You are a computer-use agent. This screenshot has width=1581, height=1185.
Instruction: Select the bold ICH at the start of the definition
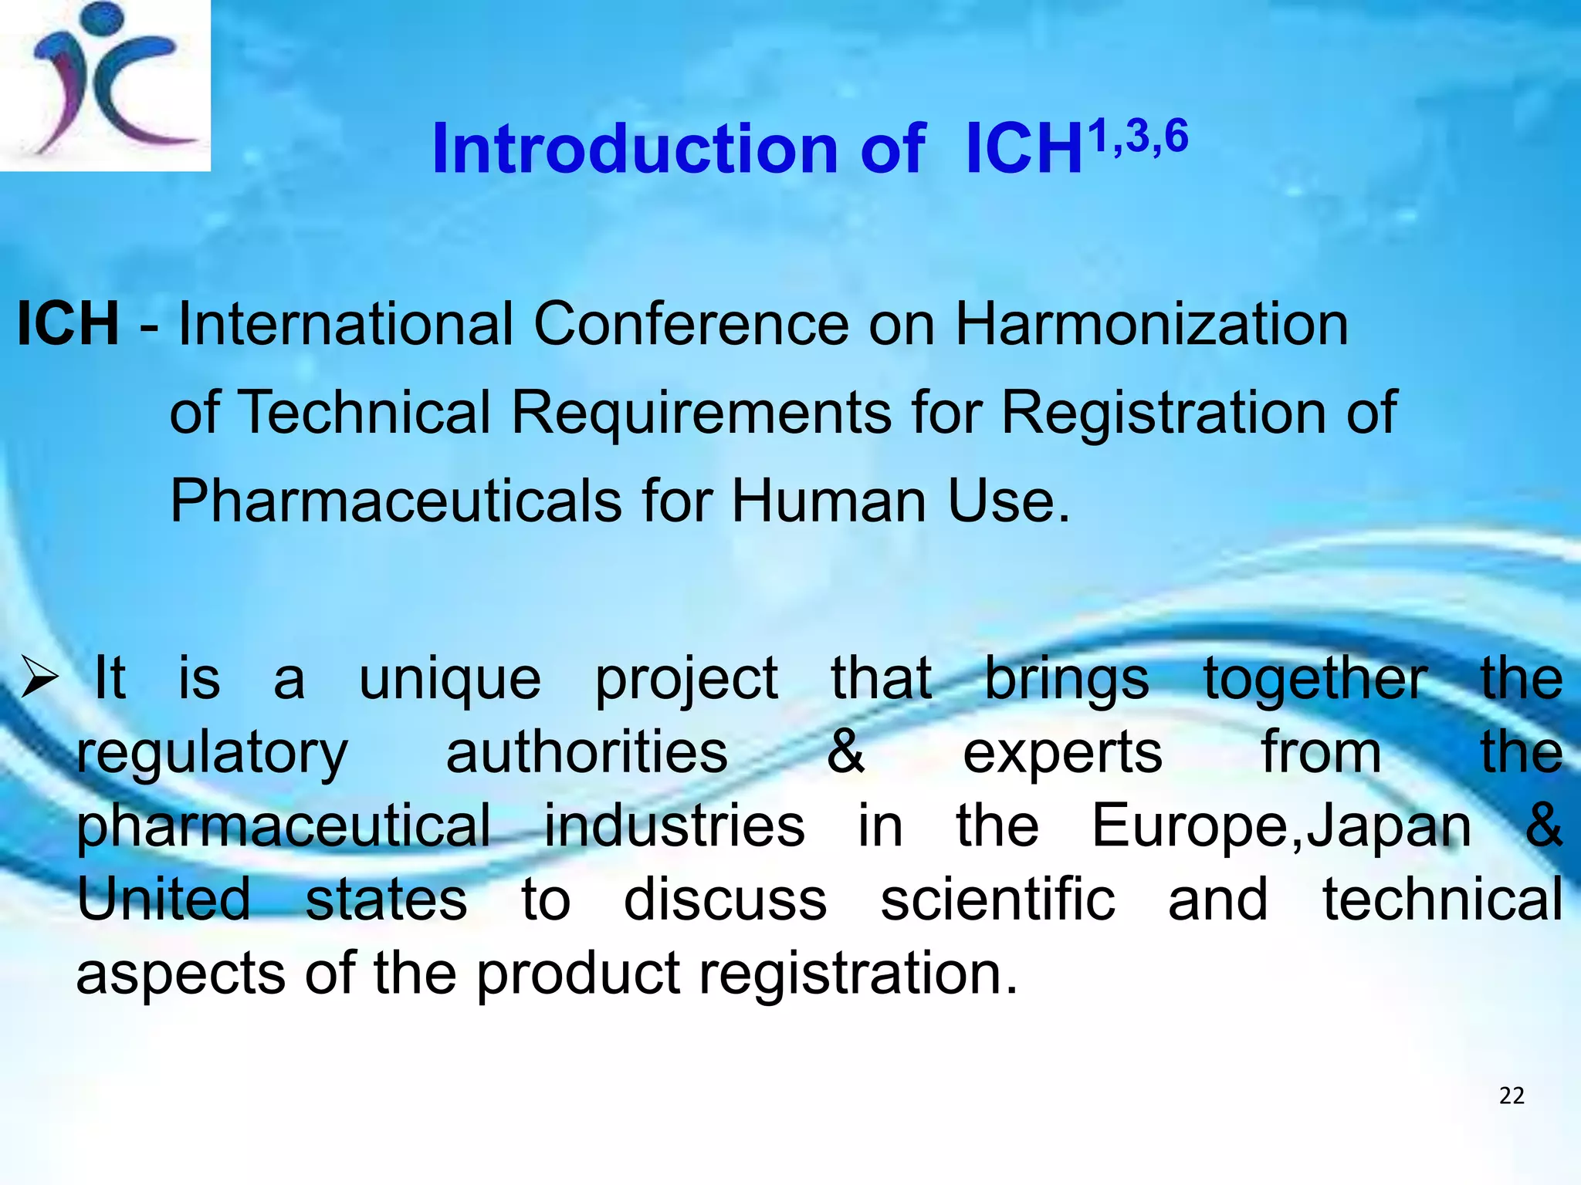tap(68, 324)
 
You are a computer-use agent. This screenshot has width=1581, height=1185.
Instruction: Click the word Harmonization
tap(1152, 324)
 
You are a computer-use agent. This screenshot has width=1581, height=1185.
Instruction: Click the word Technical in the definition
tap(367, 412)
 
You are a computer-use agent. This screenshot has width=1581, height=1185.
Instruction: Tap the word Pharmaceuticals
tap(395, 501)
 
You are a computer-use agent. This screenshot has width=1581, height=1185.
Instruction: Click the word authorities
tap(587, 752)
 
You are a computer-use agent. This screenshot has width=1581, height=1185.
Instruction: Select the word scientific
tap(997, 900)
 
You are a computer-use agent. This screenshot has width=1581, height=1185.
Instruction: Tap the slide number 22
tap(1512, 1096)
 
